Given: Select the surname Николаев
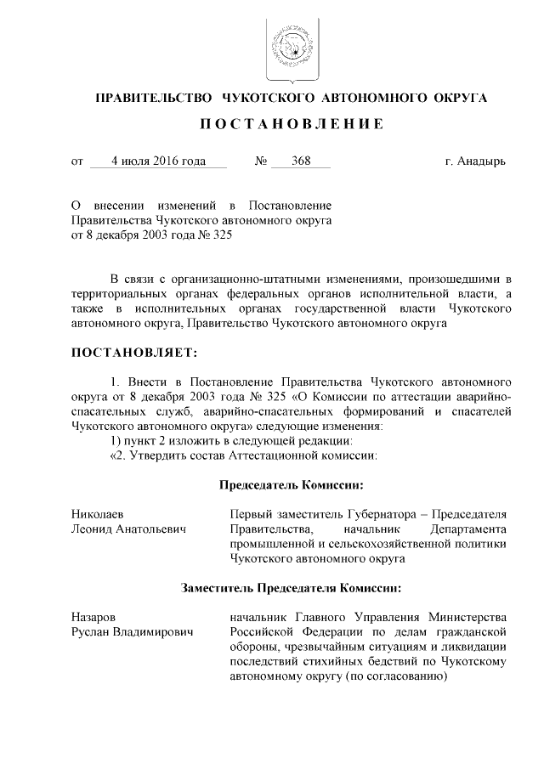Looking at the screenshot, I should [98, 514].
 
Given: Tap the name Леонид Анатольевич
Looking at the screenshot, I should [127, 529].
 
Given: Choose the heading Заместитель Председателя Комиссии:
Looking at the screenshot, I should [291, 586].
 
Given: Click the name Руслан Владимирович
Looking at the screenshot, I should [132, 631].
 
